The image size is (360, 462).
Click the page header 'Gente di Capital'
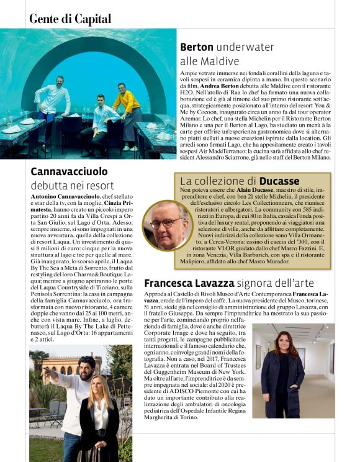70,19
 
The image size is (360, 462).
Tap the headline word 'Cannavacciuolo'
69,171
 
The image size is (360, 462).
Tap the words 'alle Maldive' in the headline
209,61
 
